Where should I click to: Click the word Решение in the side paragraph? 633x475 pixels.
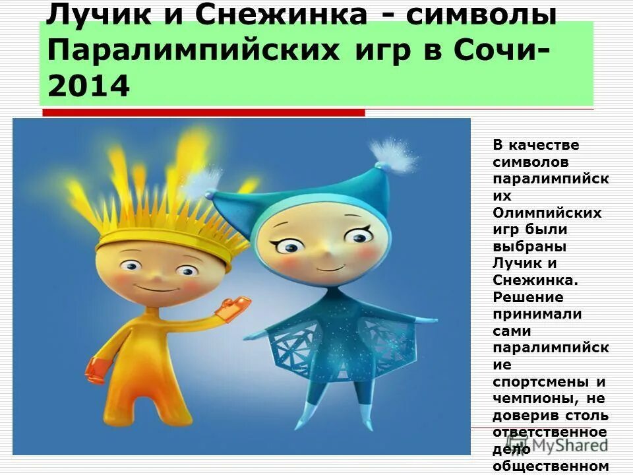click(527, 297)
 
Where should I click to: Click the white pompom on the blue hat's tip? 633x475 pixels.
click(398, 155)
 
